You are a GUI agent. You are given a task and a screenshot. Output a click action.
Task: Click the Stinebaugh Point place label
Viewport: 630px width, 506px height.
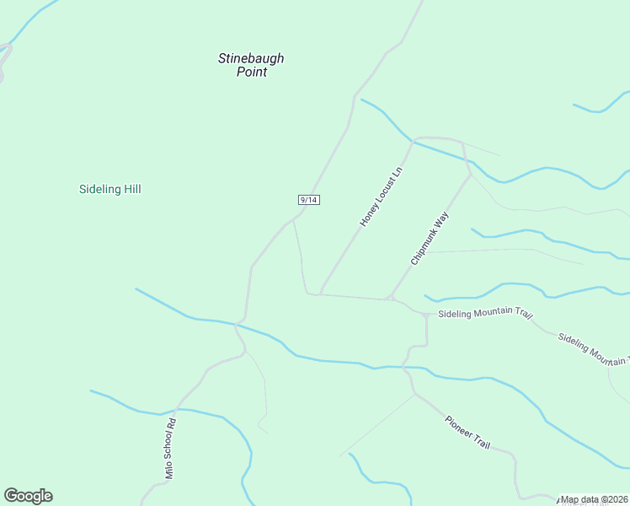click(251, 65)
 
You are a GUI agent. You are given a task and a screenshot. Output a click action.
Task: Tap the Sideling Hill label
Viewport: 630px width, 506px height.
click(109, 189)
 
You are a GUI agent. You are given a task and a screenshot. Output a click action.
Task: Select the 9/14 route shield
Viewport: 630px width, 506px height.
click(308, 200)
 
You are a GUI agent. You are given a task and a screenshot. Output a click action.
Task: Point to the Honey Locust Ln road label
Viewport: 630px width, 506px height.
click(382, 196)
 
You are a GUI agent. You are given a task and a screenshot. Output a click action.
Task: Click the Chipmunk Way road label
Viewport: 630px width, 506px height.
click(430, 239)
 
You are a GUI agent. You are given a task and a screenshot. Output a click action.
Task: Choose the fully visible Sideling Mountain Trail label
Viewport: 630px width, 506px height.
click(486, 314)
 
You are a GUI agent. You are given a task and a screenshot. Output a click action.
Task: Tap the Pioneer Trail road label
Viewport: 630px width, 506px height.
click(467, 432)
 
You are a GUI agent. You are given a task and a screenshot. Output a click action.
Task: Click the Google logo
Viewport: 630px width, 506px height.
click(28, 496)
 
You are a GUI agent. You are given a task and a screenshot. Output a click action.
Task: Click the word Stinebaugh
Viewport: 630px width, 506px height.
click(251, 58)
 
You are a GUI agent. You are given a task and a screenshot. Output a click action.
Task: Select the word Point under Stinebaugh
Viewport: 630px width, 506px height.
click(251, 73)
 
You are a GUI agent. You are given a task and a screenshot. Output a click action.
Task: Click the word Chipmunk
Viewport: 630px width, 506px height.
click(424, 248)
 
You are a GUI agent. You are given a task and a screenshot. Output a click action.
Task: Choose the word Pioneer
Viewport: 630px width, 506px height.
click(460, 426)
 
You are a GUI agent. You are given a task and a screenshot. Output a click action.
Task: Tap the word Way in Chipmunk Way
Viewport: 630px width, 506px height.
click(441, 222)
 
